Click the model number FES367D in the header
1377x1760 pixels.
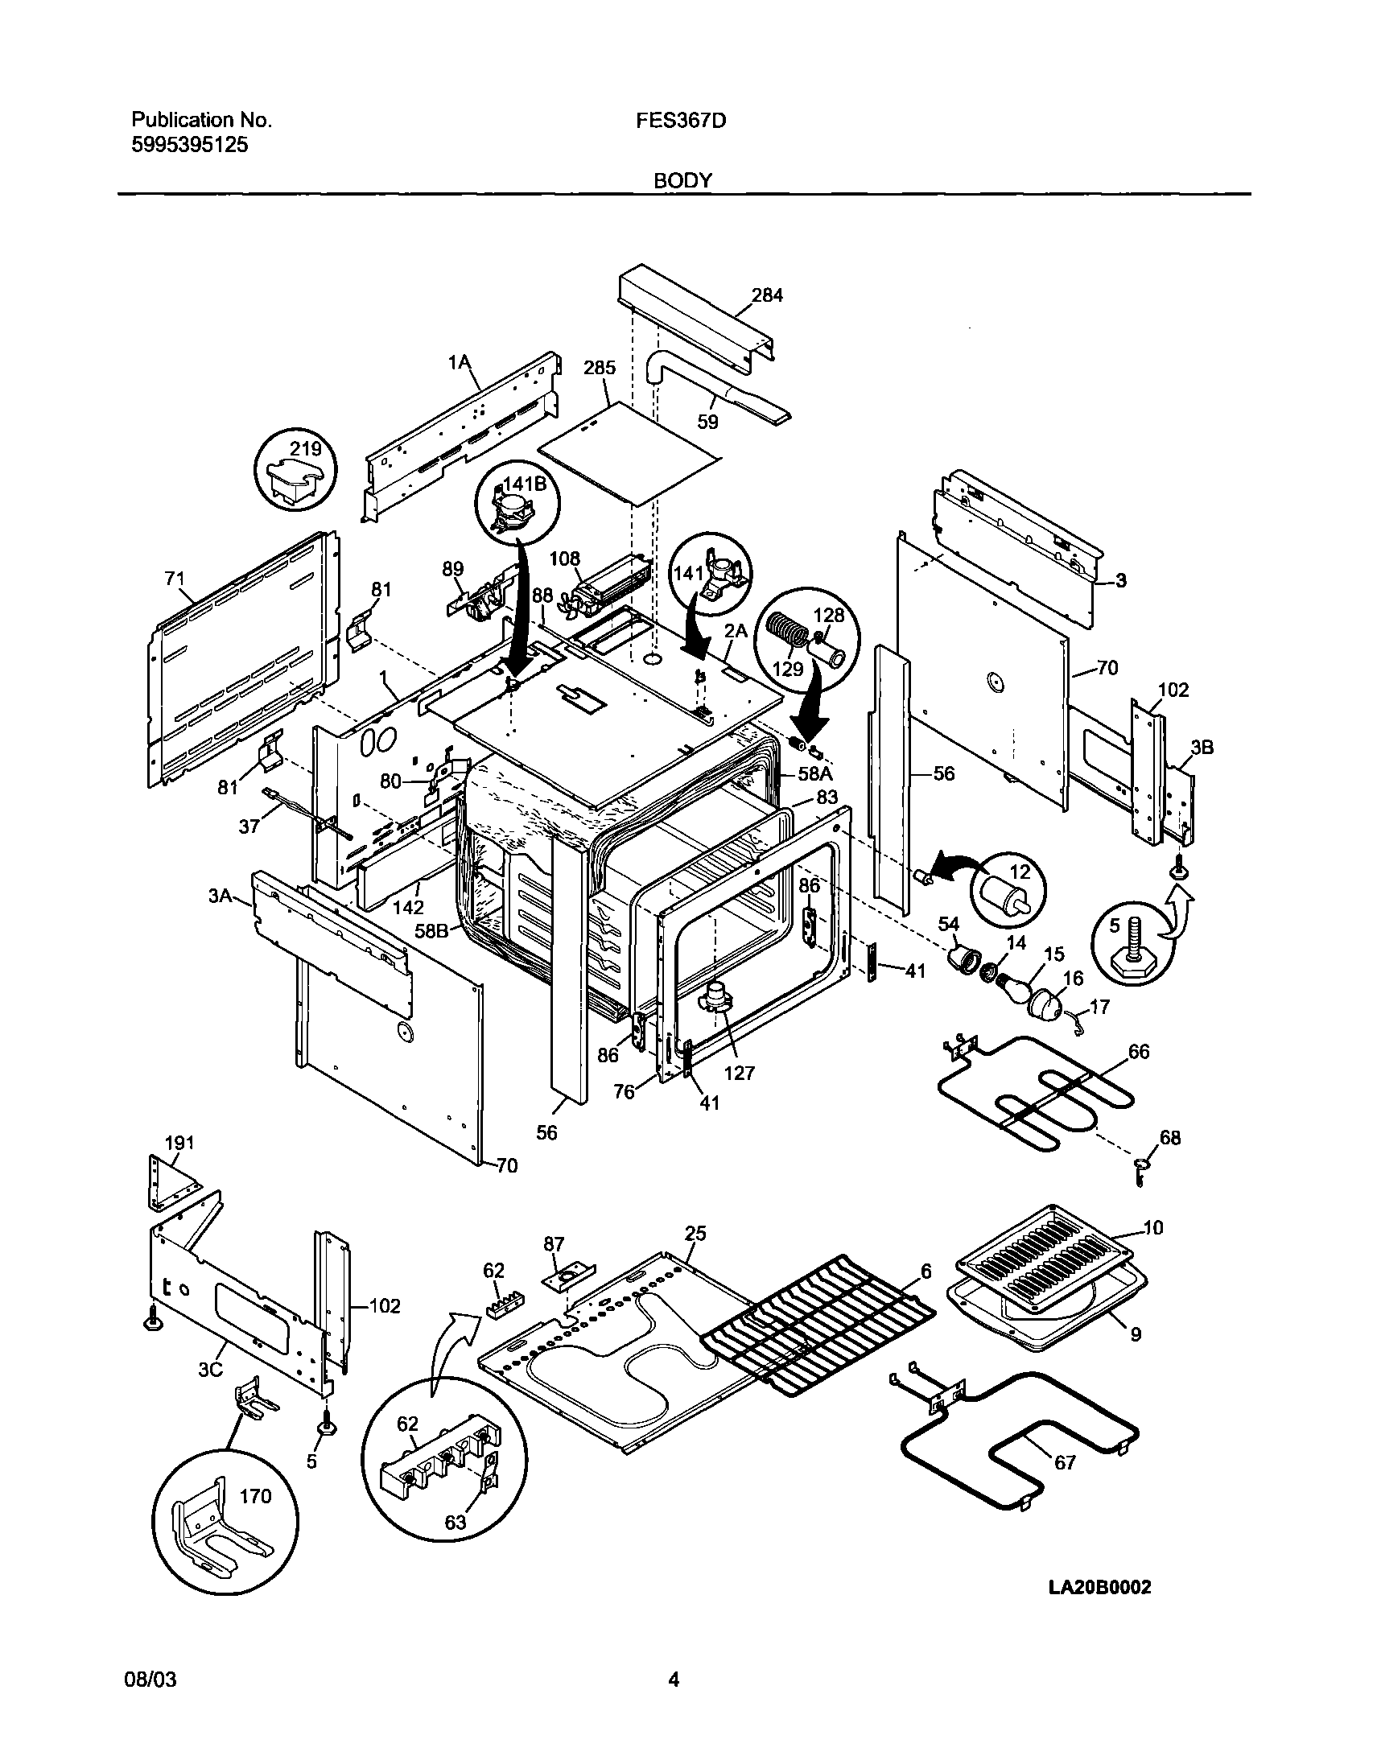[680, 121]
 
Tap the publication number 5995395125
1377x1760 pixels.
[190, 145]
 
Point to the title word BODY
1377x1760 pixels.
[682, 180]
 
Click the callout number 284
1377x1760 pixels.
[767, 295]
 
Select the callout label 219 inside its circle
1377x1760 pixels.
[306, 449]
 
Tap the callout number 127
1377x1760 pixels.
[739, 1072]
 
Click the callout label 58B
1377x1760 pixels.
[431, 930]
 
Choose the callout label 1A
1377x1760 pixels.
[460, 364]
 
